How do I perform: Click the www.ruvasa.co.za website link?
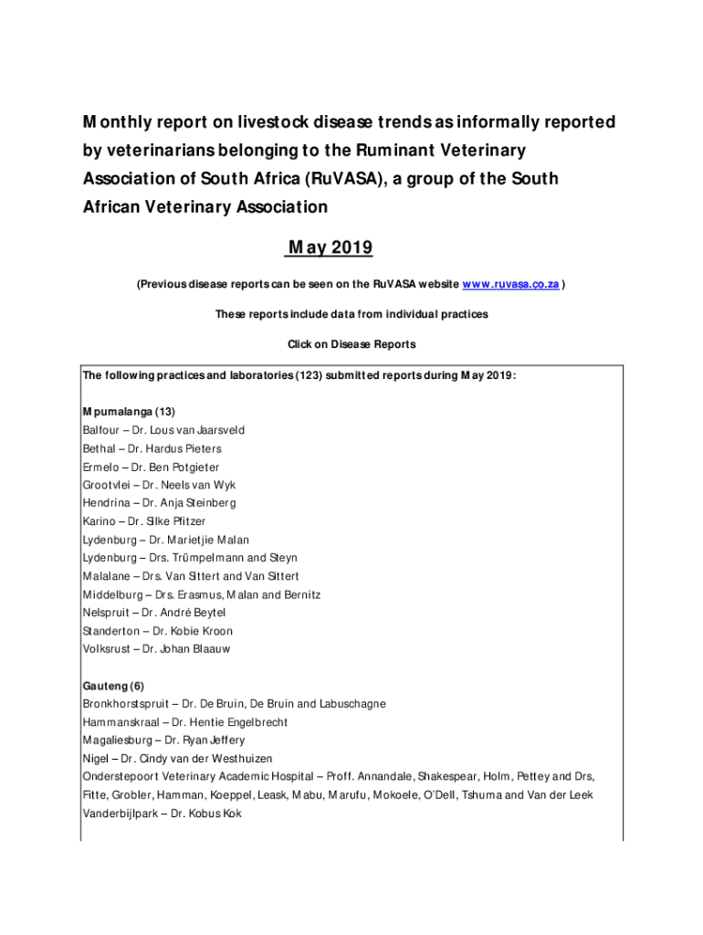511,284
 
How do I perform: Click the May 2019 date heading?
331,248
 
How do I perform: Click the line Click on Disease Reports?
351,344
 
